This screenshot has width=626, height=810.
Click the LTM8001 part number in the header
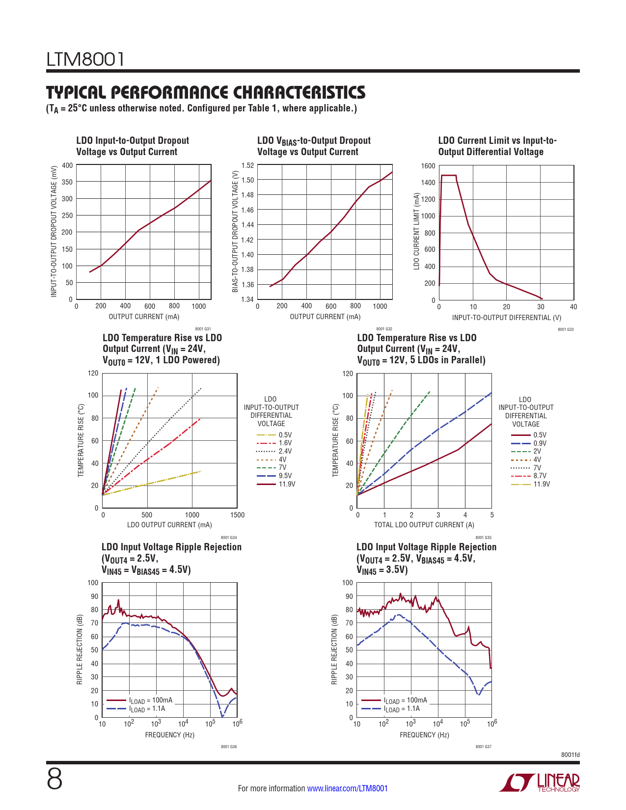point(86,59)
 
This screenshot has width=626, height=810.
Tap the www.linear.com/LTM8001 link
point(347,788)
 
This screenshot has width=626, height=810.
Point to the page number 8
point(54,780)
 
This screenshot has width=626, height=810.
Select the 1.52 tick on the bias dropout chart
point(247,165)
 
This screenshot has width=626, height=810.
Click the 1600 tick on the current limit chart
point(428,166)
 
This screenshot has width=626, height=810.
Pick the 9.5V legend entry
point(285,476)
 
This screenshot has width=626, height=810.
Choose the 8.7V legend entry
point(540,476)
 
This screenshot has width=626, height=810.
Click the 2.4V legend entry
point(285,451)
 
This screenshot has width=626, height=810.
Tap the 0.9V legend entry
point(540,443)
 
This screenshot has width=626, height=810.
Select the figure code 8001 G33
point(566,329)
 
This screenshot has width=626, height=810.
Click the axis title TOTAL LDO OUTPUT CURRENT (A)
point(424,525)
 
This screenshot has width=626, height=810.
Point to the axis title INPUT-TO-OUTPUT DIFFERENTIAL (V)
point(506,318)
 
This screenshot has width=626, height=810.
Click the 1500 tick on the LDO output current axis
point(237,515)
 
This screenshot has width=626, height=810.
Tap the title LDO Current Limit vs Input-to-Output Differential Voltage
point(497,146)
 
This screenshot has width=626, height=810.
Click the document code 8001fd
point(570,755)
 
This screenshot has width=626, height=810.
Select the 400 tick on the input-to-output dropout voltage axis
point(67,165)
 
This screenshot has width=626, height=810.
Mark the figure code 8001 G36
point(229,747)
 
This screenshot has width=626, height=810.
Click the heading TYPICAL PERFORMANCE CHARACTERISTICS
point(206,93)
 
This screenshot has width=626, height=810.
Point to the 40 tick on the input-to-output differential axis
point(573,307)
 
